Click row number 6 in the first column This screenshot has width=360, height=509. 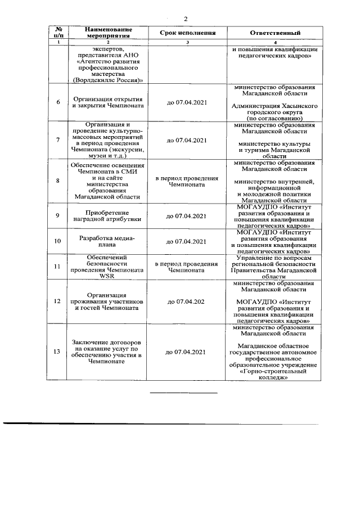(57, 102)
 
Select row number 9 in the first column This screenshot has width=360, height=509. (57, 216)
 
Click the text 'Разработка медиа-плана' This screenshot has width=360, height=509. (109, 241)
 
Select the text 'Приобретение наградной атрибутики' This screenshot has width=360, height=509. (109, 216)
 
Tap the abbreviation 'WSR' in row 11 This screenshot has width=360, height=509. (109, 276)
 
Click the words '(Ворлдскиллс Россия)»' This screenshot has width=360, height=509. (109, 80)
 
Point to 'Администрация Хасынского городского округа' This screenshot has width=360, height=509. (275, 109)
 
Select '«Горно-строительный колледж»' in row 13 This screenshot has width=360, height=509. (275, 375)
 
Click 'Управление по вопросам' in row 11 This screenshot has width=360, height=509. (275, 258)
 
